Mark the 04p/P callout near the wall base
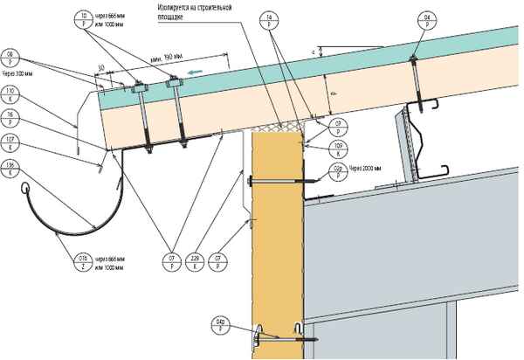click(220, 327)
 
